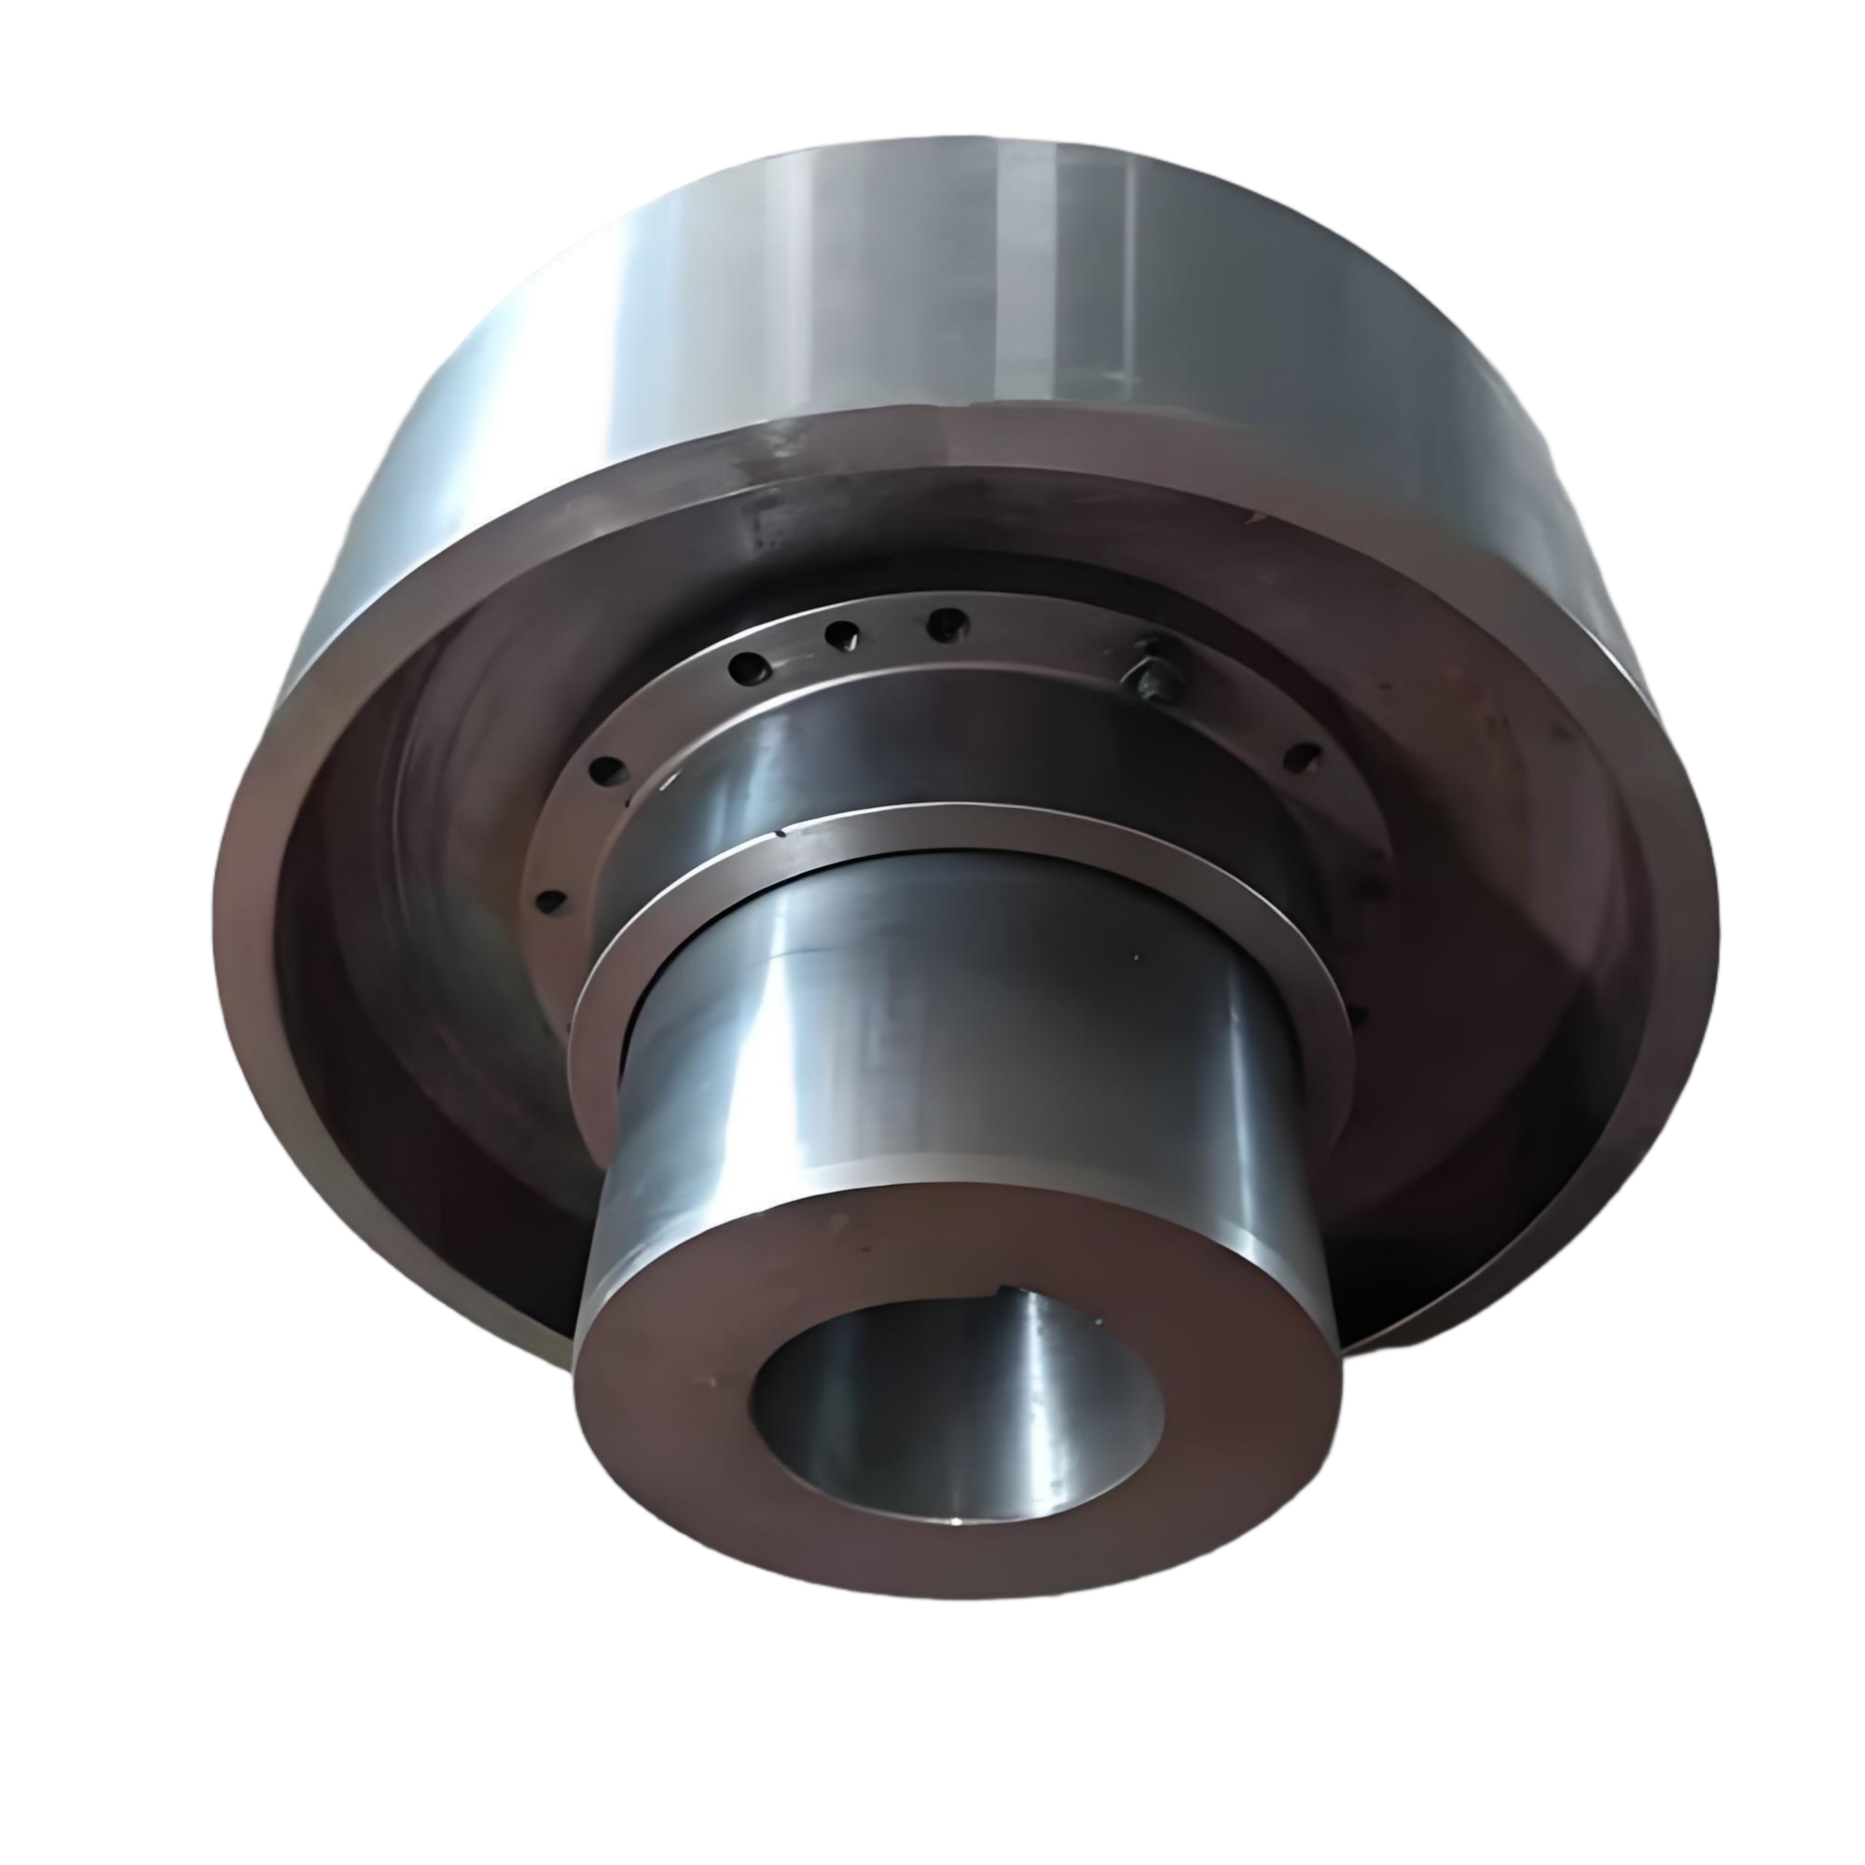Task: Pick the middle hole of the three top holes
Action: click(x=842, y=634)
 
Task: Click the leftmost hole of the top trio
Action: click(x=748, y=665)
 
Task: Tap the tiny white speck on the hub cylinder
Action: click(x=1136, y=959)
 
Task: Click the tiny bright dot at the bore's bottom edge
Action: click(x=956, y=1523)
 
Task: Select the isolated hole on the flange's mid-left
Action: click(x=606, y=769)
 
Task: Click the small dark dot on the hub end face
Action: click(x=838, y=1224)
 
